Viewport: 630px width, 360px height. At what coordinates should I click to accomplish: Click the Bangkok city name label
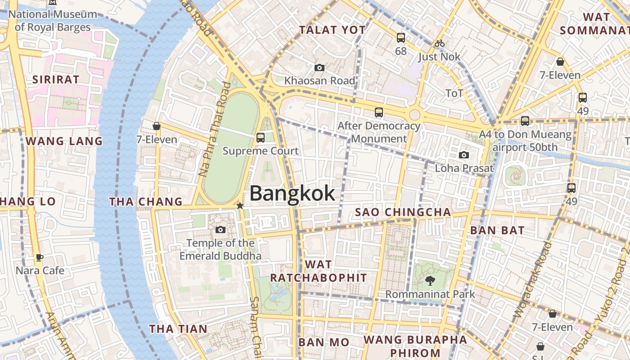pos(292,193)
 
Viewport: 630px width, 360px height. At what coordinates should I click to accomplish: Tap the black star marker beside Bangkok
pos(240,206)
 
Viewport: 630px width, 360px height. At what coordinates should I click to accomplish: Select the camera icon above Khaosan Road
pos(319,68)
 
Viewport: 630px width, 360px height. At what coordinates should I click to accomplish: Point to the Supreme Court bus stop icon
pos(261,138)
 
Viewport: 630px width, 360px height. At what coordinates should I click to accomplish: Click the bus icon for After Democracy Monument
pos(379,112)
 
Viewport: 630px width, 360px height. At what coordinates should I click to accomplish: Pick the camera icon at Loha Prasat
pos(464,155)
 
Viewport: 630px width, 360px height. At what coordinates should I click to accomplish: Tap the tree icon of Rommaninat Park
pos(430,281)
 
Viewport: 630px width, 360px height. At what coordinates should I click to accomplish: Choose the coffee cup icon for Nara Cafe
pos(40,257)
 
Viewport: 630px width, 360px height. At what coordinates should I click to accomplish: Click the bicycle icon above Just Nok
pos(440,44)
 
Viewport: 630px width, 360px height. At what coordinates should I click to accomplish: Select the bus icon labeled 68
pos(401,38)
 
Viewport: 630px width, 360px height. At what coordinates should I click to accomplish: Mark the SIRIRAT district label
pos(56,80)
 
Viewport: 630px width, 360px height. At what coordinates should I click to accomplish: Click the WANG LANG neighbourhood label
pos(64,141)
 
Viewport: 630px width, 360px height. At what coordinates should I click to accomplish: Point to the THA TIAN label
pos(178,329)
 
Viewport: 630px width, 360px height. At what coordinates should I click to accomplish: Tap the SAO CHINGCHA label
pos(403,212)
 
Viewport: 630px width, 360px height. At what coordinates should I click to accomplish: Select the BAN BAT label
pos(497,230)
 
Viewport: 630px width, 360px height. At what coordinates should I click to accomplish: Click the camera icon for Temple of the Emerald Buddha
pos(220,230)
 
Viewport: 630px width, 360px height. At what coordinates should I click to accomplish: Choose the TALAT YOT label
pos(333,30)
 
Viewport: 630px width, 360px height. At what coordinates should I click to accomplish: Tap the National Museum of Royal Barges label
pos(53,21)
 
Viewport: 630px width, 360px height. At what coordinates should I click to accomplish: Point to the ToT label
pos(454,93)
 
